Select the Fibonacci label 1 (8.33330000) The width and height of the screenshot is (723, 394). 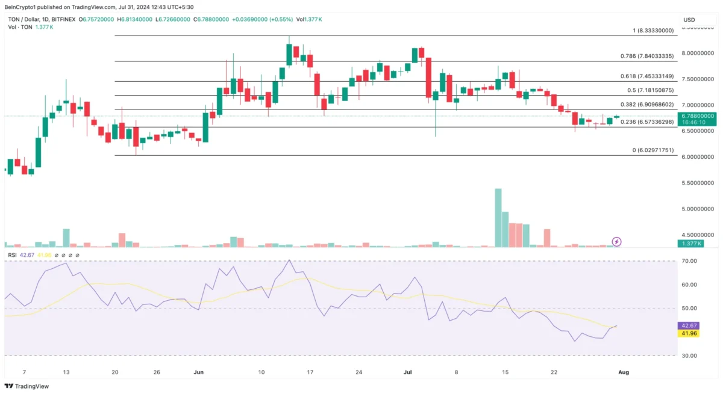point(653,31)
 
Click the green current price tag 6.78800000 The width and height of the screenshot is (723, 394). point(697,115)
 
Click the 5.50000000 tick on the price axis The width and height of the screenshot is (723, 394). point(698,183)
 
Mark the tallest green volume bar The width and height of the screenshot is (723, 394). point(498,218)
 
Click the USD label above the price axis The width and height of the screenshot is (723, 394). point(689,20)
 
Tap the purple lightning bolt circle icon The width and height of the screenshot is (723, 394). point(617,242)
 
